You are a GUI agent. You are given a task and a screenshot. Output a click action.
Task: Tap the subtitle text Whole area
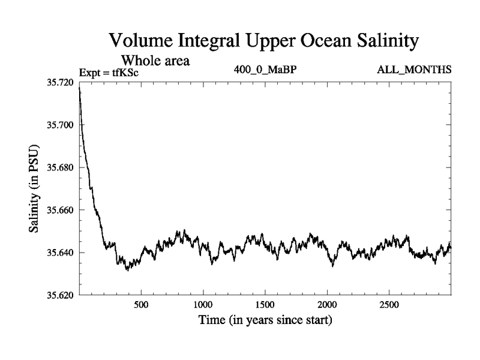(156, 60)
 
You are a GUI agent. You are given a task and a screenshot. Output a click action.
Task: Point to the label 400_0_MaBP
(265, 70)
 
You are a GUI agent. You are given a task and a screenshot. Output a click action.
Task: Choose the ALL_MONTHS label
(413, 70)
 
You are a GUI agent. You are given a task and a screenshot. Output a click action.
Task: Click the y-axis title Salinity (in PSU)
(34, 189)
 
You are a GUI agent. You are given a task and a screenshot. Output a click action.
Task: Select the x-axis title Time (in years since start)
(265, 321)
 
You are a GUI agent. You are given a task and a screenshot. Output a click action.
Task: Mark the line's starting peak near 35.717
(79, 89)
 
